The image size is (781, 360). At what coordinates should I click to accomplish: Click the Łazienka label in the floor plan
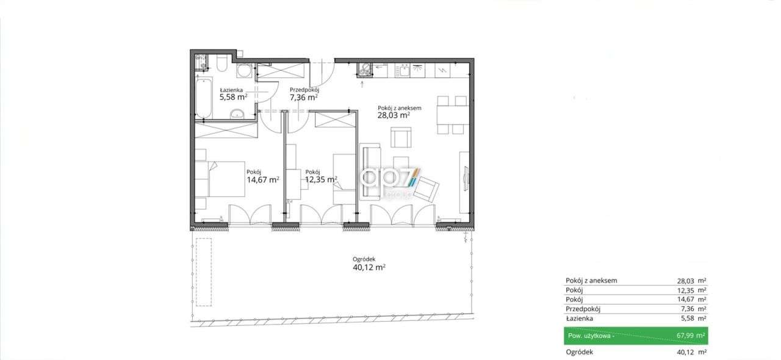[232, 89]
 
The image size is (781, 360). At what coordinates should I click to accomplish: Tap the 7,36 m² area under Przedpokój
[303, 97]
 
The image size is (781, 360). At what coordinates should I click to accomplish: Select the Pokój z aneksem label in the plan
[399, 108]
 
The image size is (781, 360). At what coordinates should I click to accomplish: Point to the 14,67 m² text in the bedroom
[262, 180]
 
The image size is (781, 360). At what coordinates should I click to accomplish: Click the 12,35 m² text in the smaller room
[321, 179]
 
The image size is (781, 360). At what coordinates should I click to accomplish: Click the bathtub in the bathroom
[203, 98]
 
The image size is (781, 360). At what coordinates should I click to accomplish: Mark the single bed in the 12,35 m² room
[344, 177]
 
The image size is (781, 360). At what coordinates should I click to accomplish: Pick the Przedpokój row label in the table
[584, 309]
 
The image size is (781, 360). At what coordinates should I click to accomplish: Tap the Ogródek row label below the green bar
[579, 352]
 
